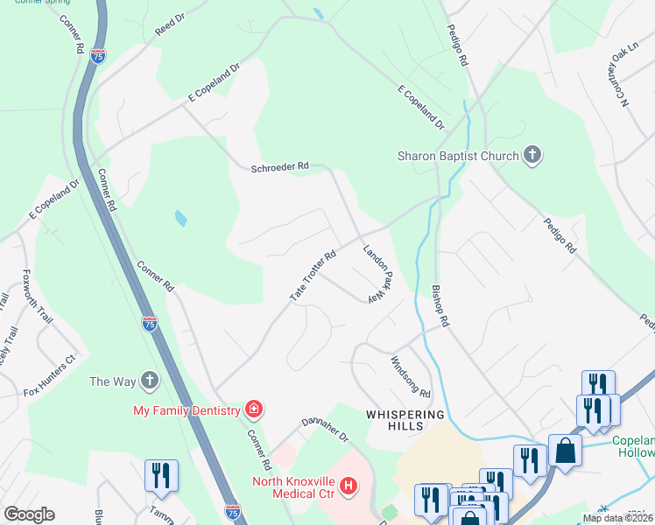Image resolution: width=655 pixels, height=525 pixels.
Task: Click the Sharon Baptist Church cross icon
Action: (x=532, y=156)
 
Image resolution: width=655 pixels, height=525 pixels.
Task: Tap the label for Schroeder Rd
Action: (x=280, y=165)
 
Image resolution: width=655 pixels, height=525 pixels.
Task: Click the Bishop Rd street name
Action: (x=440, y=305)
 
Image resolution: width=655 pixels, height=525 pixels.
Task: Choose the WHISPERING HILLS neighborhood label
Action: (x=405, y=420)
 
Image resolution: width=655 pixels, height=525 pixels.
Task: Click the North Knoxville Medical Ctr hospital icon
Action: (x=349, y=485)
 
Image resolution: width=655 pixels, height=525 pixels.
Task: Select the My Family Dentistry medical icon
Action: (x=254, y=409)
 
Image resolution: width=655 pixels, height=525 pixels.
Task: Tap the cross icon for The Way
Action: (x=150, y=381)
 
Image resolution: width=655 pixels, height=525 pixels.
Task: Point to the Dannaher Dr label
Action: (x=326, y=428)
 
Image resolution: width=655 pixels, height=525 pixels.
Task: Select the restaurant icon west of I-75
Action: (x=161, y=475)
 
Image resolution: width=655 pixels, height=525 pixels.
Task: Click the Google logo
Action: (x=30, y=514)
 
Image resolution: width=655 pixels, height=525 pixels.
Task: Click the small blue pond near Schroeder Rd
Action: (x=180, y=218)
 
